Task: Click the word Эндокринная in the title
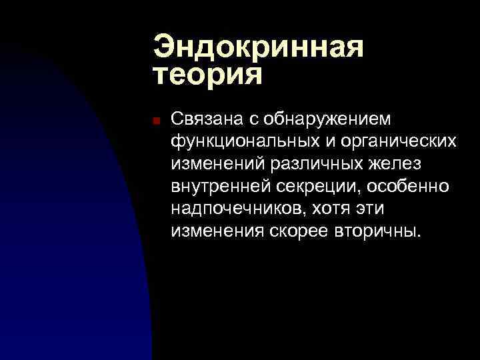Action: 258,47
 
